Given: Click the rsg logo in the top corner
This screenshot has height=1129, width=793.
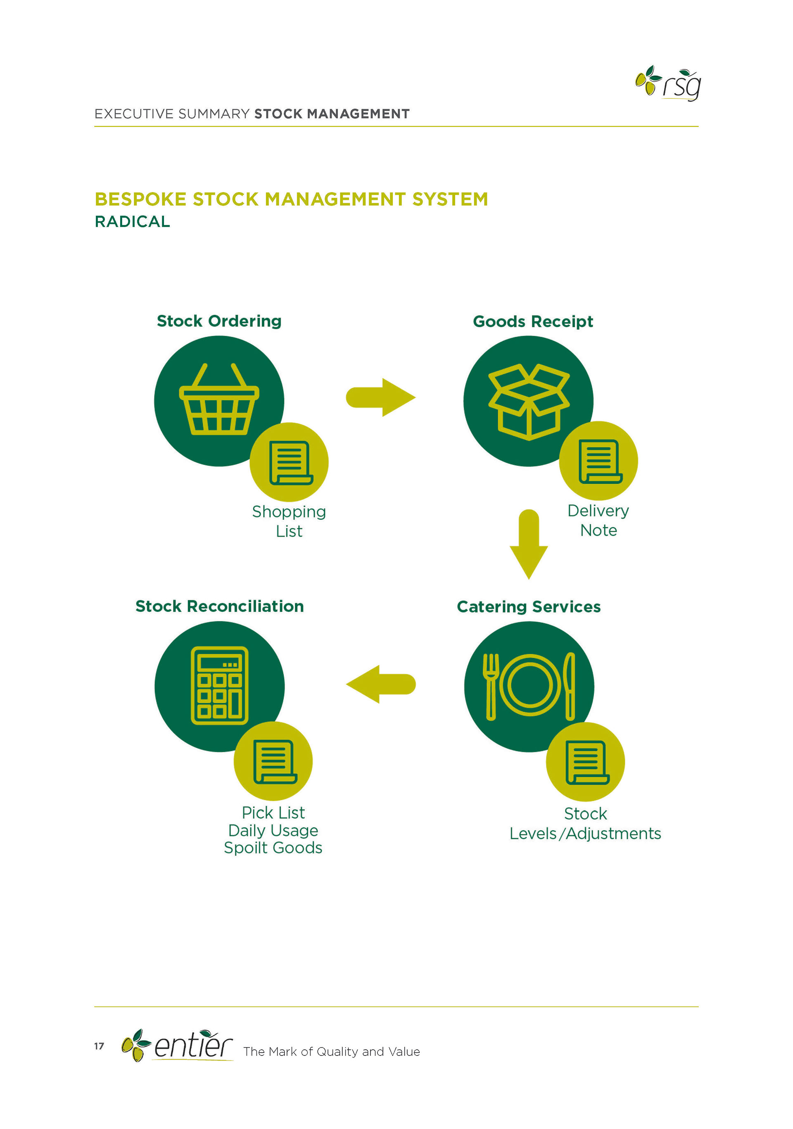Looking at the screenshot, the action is pyautogui.click(x=668, y=83).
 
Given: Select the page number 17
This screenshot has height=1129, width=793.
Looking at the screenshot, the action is pyautogui.click(x=99, y=1046).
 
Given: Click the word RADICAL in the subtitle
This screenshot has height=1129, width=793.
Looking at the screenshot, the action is pyautogui.click(x=132, y=222).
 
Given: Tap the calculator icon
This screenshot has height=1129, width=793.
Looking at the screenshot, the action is pyautogui.click(x=219, y=685).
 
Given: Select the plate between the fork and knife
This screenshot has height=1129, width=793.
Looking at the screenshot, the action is pyautogui.click(x=529, y=685).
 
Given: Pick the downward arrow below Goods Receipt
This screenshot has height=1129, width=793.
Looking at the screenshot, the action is pyautogui.click(x=529, y=544).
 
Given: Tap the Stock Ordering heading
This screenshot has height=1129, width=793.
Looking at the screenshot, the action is pyautogui.click(x=219, y=321).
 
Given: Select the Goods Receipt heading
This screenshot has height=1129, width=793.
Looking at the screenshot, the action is pyautogui.click(x=533, y=321).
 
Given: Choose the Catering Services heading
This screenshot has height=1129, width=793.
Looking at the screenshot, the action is pyautogui.click(x=529, y=607).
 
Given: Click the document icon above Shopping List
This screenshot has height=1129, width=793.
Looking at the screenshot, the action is pyautogui.click(x=290, y=463).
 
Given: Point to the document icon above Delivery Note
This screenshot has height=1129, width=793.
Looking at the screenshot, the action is pyautogui.click(x=600, y=461).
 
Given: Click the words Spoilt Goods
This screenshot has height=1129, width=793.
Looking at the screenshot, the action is pyautogui.click(x=273, y=848).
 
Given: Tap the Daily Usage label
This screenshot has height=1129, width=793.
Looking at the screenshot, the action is pyautogui.click(x=273, y=830).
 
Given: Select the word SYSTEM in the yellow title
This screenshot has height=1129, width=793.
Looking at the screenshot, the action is pyautogui.click(x=450, y=199).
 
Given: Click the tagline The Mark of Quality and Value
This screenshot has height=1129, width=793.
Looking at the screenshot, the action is pyautogui.click(x=331, y=1051).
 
